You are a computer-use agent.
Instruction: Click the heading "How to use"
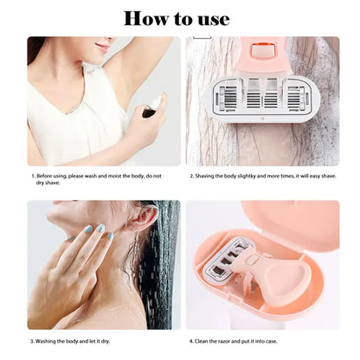coord(177,19)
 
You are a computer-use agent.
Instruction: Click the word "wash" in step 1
coord(91,176)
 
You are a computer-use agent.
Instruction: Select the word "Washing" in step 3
coord(45,341)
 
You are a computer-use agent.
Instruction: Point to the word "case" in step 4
coord(271,341)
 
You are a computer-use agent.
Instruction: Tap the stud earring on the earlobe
coord(132,228)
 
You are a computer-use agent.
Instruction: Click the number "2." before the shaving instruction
coord(192,176)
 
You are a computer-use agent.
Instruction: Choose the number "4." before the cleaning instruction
coord(191,341)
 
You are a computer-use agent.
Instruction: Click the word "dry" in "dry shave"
coord(40,183)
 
